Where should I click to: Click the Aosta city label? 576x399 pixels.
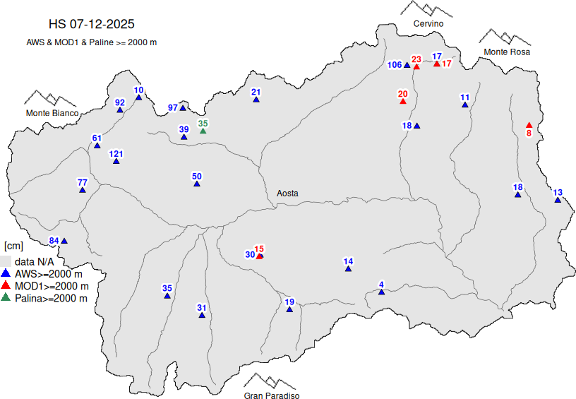(287, 193)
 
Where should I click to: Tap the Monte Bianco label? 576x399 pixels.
(52, 113)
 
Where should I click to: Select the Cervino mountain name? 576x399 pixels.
(428, 24)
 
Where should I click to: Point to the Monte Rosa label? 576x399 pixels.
(506, 52)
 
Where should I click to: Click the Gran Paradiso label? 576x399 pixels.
(272, 396)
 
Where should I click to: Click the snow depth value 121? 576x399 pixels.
(116, 154)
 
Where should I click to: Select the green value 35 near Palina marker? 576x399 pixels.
(203, 124)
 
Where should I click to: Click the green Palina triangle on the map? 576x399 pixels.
(203, 131)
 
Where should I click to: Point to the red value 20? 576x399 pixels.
(403, 94)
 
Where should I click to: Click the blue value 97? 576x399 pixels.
(173, 107)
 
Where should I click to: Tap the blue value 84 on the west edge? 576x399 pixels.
(54, 241)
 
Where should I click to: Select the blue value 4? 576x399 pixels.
(381, 285)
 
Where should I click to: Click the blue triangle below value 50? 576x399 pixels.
(197, 184)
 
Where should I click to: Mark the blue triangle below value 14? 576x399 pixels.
(348, 269)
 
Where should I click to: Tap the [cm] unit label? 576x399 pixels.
(13, 246)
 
